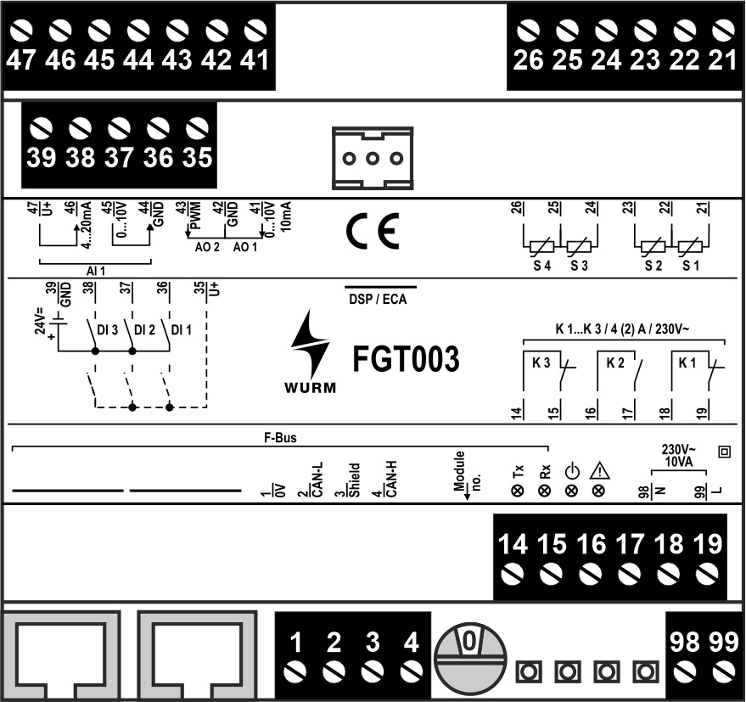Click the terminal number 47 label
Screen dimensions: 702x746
22,61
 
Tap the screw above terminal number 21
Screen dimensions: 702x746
721,31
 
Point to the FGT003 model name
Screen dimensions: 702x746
406,360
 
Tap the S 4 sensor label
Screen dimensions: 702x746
540,266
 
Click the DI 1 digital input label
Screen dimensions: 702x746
181,329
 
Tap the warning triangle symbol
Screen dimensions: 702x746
598,471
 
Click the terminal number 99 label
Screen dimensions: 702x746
723,643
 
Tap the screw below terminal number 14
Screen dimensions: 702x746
513,576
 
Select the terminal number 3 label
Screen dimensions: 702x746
372,643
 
